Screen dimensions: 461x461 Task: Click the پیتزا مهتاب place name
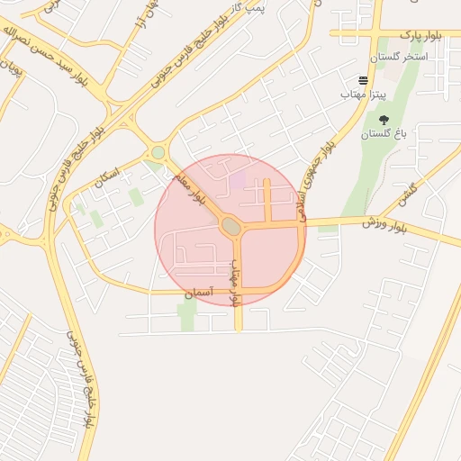coord(363,94)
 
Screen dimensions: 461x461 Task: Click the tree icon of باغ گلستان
coord(384,120)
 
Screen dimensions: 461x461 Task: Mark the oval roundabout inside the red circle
coord(230,227)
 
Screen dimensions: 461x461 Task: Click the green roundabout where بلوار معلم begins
coord(158,152)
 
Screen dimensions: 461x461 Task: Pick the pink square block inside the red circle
coord(238,180)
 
